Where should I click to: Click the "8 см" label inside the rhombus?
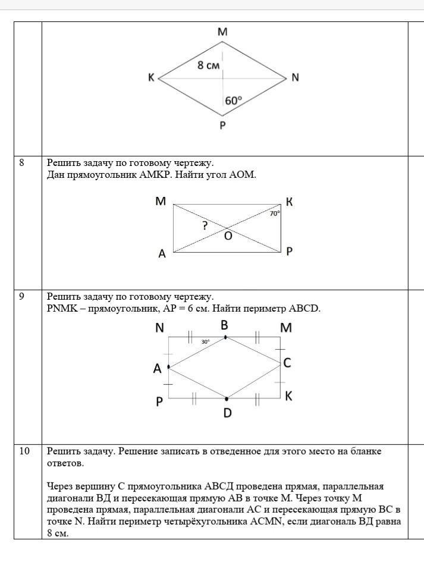(x=208, y=65)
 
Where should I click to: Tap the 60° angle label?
(x=233, y=101)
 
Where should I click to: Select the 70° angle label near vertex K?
(x=274, y=213)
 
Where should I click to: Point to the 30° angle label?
(x=205, y=342)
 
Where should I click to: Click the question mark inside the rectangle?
(x=205, y=225)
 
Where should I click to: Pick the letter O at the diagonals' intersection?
(x=228, y=236)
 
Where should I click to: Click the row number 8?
(x=22, y=162)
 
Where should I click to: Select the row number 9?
(x=22, y=296)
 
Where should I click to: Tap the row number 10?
(x=24, y=451)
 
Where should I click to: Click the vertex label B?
(x=224, y=325)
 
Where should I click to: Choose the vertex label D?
(x=227, y=412)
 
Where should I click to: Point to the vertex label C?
(x=287, y=362)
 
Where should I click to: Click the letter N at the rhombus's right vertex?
(x=295, y=77)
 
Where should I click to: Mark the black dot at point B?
(x=225, y=337)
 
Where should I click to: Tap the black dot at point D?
(x=227, y=399)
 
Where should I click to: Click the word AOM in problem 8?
(x=241, y=176)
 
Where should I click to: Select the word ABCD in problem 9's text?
(x=304, y=308)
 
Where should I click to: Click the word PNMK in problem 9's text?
(x=62, y=308)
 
